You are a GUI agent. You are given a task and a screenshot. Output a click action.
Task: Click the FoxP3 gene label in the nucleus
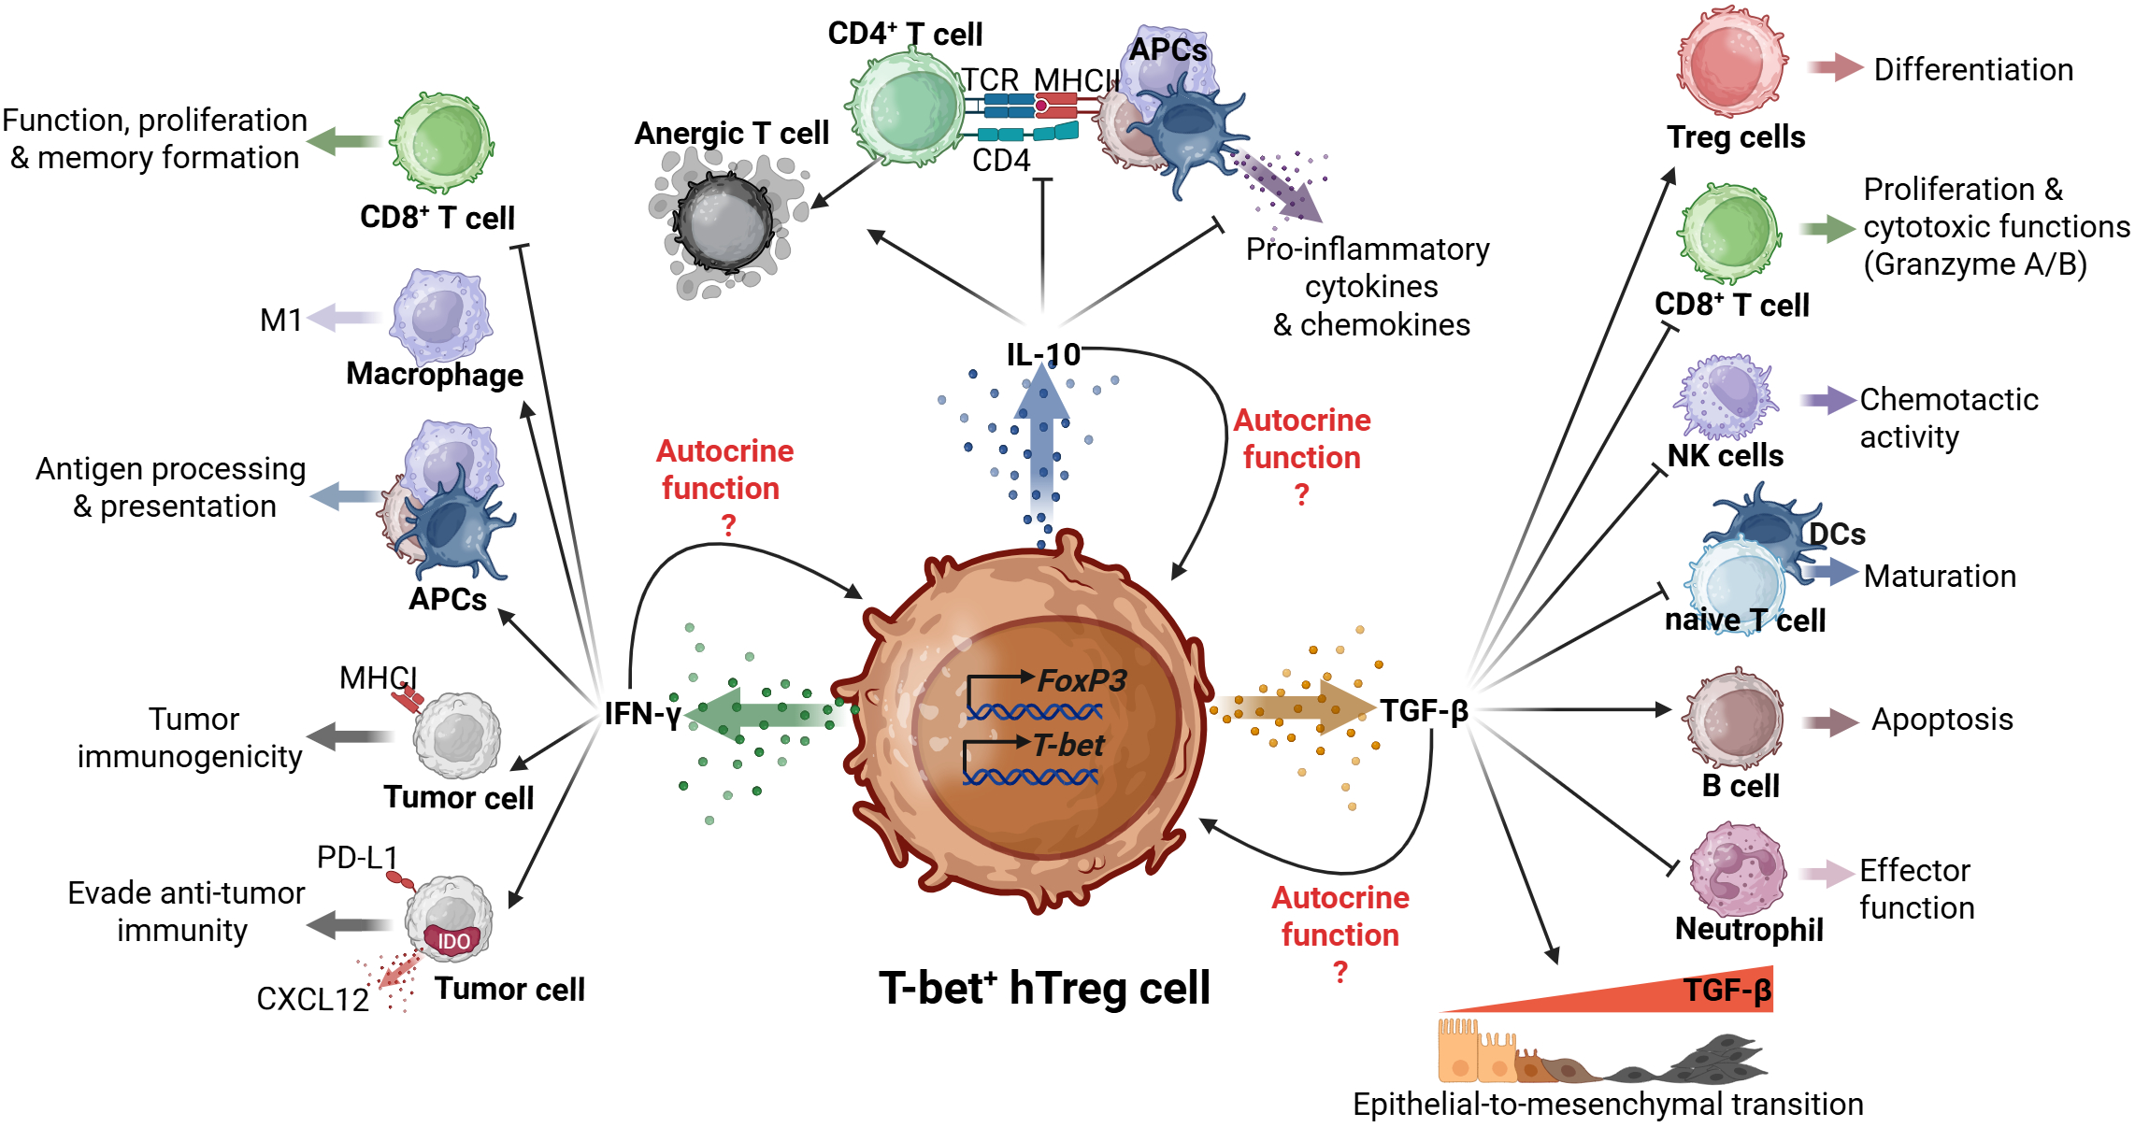point(1082,680)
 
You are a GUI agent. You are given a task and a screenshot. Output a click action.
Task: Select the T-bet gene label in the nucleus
point(1068,746)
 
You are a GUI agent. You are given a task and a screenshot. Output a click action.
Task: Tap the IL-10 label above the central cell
point(1042,355)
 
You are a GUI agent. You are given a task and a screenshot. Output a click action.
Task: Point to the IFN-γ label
point(642,714)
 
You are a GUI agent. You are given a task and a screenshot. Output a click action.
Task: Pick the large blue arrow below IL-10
point(1041,449)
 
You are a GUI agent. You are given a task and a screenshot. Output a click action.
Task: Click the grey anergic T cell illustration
point(724,222)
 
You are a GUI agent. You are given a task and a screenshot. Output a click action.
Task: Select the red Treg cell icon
point(1732,63)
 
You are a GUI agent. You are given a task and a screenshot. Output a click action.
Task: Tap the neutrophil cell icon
point(1737,870)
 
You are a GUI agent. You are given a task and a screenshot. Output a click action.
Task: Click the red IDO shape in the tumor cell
point(453,939)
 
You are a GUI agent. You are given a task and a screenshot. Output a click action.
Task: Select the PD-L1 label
point(357,857)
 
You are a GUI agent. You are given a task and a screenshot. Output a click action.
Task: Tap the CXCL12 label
point(312,999)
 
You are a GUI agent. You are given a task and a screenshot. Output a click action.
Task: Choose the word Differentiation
point(1973,70)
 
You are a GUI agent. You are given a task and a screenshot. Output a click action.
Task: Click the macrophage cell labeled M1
point(440,316)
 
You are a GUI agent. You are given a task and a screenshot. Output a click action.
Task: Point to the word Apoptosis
point(1942,720)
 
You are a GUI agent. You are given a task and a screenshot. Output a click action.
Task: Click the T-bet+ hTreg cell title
point(1044,989)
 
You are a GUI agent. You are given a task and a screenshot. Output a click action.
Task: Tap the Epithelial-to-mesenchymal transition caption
point(1607,1105)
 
